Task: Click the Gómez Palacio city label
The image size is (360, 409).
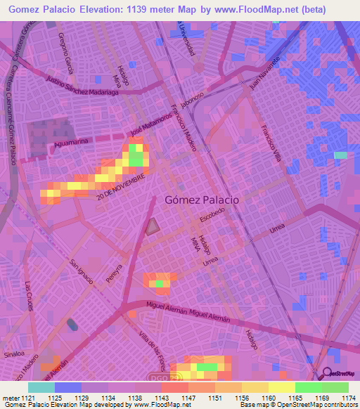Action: (202, 199)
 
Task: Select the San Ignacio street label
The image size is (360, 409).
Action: (82, 271)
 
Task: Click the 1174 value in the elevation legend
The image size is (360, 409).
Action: (349, 398)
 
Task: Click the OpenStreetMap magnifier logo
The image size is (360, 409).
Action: (326, 373)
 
